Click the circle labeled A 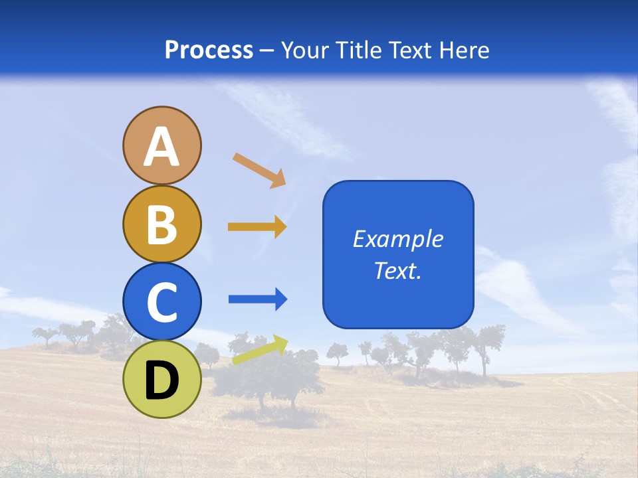161,145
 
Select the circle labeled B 161,224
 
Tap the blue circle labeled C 161,301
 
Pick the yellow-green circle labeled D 161,379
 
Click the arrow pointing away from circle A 259,170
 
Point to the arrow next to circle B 257,227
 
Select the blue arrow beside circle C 258,299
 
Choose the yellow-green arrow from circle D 260,350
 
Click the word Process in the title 209,50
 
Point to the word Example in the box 397,239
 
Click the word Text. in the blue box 397,270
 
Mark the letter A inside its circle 161,147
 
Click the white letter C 161,303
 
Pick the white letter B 161,224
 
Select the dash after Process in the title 267,50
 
